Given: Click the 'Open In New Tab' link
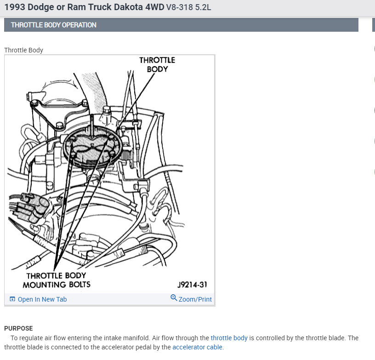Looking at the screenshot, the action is pos(42,299).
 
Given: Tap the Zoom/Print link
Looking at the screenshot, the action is pos(195,299).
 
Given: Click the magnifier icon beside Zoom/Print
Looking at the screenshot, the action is pos(174,298).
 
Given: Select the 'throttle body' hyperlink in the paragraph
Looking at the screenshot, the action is pos(229,338).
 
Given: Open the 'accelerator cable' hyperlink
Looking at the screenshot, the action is pos(197,347).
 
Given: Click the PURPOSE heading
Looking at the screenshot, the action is pos(18,328).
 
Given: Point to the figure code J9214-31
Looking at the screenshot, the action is pos(192,285).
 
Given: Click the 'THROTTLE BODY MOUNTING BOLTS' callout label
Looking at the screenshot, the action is pos(57,280).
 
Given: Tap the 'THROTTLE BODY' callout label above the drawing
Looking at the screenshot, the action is pos(157,64).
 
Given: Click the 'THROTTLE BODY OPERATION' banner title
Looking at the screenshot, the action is pos(54,25).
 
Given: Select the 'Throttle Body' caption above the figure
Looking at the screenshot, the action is pos(23,50).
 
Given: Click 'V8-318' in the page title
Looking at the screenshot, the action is pos(179,7).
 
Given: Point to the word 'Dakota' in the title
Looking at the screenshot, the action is pos(128,7).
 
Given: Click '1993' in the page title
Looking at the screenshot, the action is pos(15,7).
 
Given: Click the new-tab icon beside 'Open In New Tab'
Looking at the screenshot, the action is pos(12,299).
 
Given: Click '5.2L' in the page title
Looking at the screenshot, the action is pos(203,7).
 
